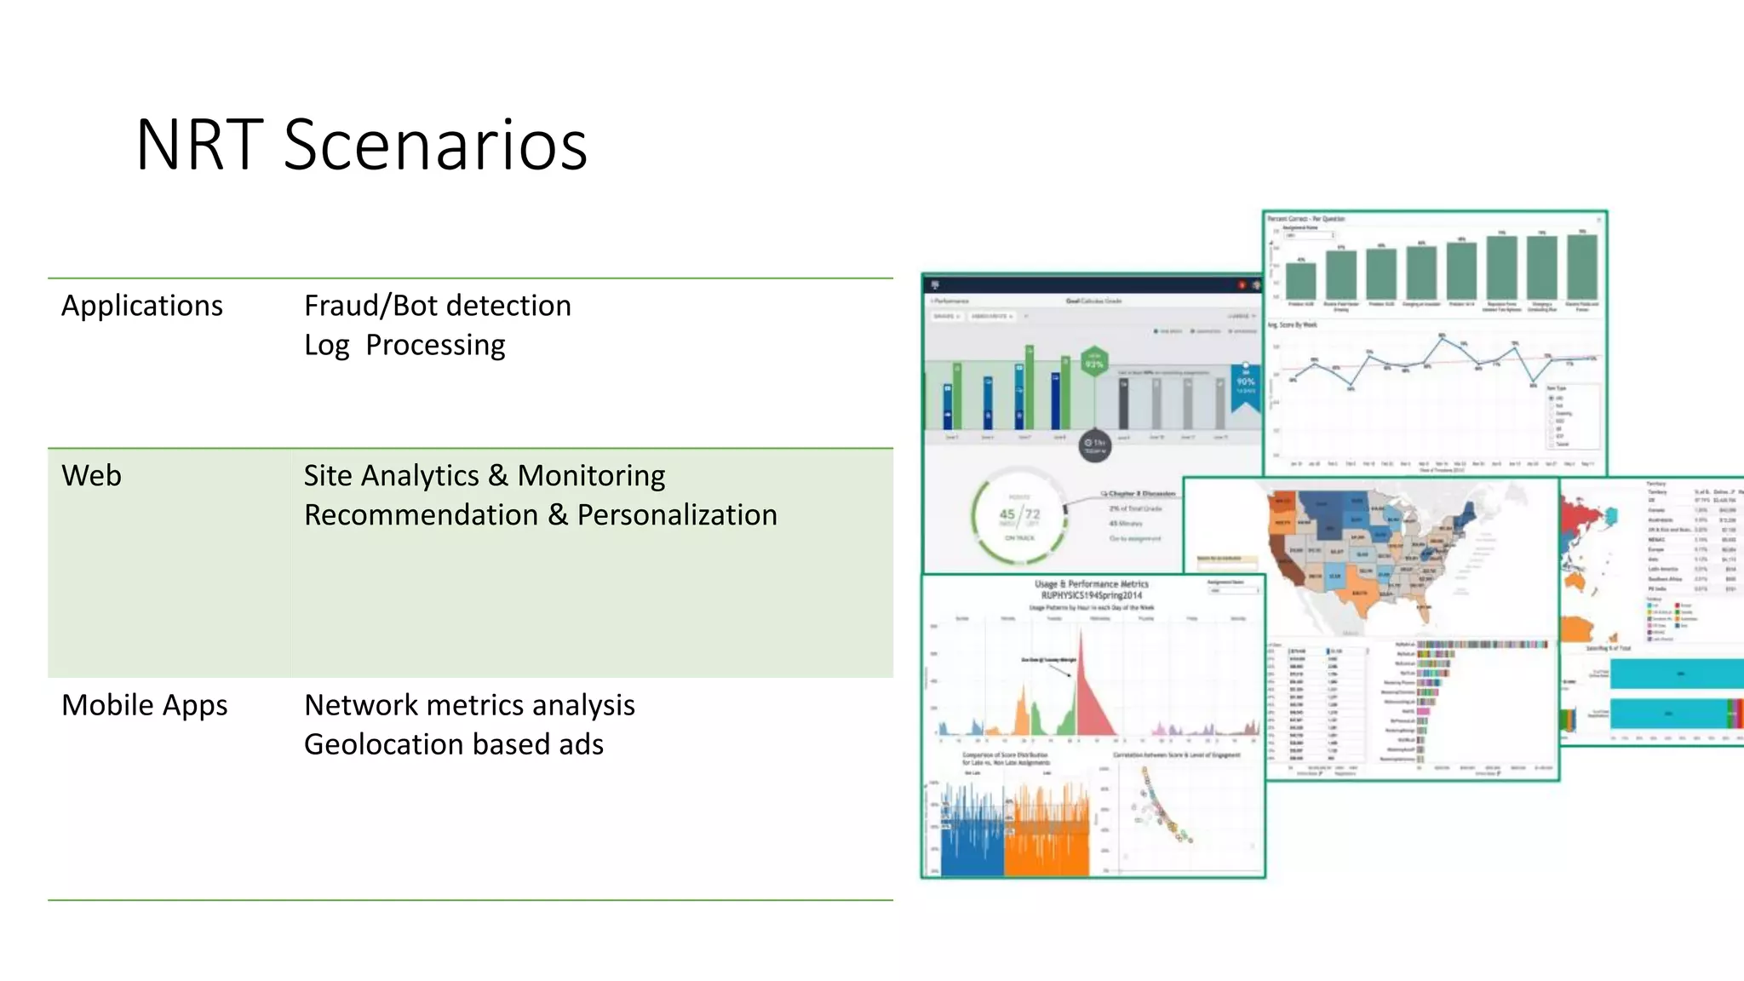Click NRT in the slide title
(200, 145)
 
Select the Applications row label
(142, 306)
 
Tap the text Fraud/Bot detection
(437, 306)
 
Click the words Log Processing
(404, 345)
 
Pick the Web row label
(91, 475)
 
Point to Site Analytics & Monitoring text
(484, 475)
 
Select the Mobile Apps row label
(144, 705)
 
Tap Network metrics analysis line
(469, 705)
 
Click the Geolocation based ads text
(453, 744)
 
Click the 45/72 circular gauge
(1019, 515)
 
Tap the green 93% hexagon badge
(1094, 363)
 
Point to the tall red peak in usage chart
(1087, 698)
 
